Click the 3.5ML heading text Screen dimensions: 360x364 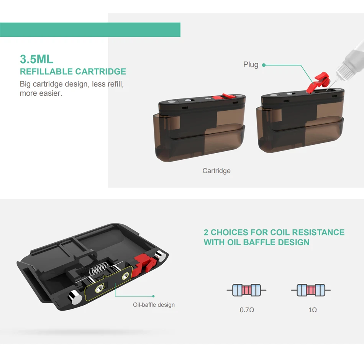36,59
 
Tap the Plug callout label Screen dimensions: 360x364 251,65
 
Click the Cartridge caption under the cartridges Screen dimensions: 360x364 216,171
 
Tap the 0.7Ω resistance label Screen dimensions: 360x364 247,310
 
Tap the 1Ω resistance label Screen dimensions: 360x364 312,310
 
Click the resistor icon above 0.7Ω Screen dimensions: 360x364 246,290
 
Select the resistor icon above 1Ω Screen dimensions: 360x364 311,290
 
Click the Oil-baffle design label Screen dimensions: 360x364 154,305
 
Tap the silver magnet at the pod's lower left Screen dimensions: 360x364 74,296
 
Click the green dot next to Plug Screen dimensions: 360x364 264,65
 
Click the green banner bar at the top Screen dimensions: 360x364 90,30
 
